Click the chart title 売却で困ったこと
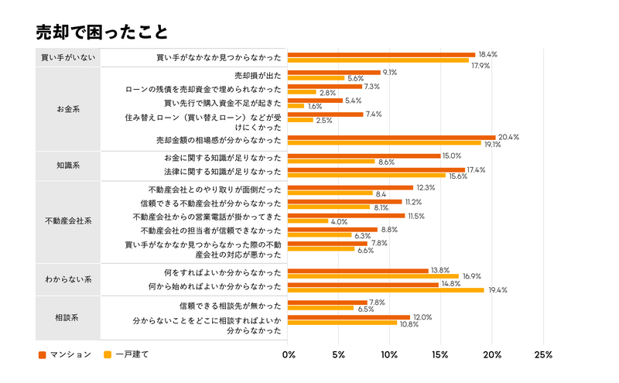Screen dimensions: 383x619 (101, 32)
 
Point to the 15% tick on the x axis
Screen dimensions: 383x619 (441, 355)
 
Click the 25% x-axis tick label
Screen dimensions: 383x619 (543, 355)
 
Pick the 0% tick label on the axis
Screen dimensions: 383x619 (289, 355)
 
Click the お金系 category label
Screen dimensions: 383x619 (68, 109)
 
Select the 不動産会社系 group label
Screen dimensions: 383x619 (68, 221)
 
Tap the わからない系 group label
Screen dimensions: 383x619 (68, 279)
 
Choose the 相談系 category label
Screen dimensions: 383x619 (68, 317)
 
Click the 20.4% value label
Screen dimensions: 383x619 (508, 137)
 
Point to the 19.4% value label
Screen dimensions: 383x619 (498, 290)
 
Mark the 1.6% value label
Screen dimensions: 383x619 (315, 106)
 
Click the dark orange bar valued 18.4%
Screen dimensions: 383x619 (381, 55)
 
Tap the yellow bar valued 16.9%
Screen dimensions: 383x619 (374, 275)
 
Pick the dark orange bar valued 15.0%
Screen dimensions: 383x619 (364, 156)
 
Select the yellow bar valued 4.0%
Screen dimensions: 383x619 (308, 221)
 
